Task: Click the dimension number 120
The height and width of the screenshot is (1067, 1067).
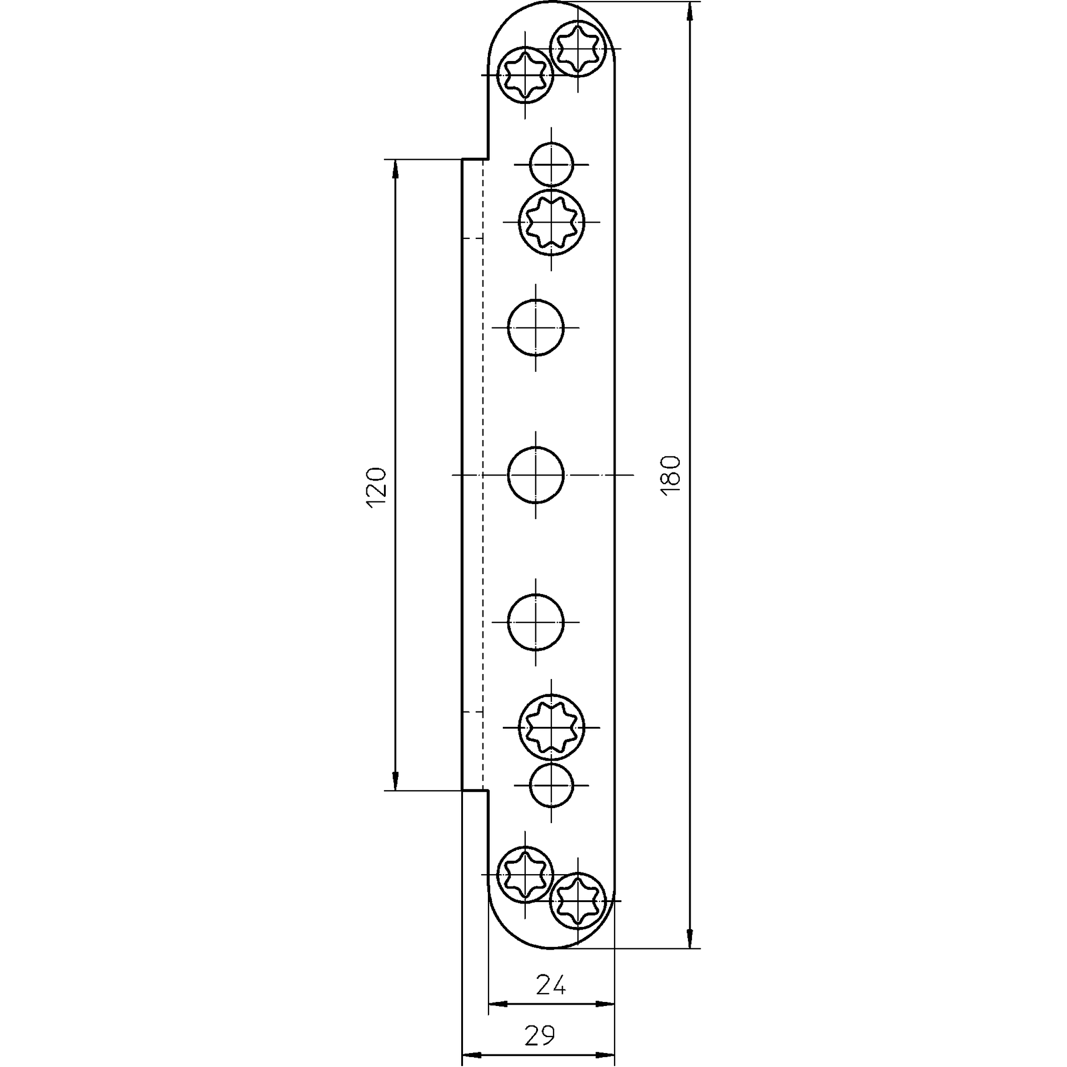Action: coord(377,488)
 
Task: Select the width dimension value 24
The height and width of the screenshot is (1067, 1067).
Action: coord(551,985)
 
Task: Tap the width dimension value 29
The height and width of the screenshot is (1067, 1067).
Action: coord(539,1035)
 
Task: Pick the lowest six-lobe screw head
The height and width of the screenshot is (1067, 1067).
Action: coord(578,901)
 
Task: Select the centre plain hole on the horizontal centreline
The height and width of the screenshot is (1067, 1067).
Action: coord(536,474)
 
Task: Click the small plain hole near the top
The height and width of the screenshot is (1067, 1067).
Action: coord(551,164)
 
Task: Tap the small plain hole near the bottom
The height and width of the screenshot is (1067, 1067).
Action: coord(551,785)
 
